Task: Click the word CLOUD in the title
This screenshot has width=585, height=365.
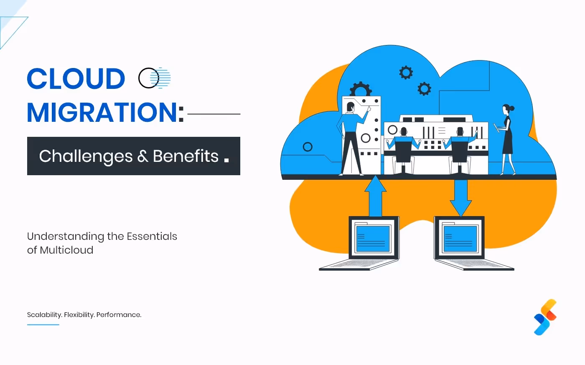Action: [x=76, y=79]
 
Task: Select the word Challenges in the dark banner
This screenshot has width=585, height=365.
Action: [x=86, y=156]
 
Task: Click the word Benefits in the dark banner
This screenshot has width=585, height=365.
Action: [x=186, y=156]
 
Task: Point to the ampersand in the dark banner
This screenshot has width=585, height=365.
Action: [x=142, y=156]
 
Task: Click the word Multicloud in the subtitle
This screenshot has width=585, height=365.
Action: [x=66, y=250]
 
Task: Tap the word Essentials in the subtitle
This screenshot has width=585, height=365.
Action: [x=152, y=237]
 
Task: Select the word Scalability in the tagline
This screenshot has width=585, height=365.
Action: [x=44, y=315]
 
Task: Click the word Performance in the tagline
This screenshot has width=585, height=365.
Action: [x=119, y=315]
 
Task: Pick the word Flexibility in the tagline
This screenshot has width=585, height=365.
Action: [x=79, y=315]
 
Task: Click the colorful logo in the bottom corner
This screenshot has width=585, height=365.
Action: [x=545, y=317]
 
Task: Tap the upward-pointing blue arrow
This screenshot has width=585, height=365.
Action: [x=375, y=196]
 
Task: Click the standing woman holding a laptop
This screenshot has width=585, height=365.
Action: [x=506, y=140]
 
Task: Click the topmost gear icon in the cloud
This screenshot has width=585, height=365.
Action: [x=406, y=72]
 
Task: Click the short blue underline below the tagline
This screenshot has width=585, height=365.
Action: [x=43, y=325]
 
